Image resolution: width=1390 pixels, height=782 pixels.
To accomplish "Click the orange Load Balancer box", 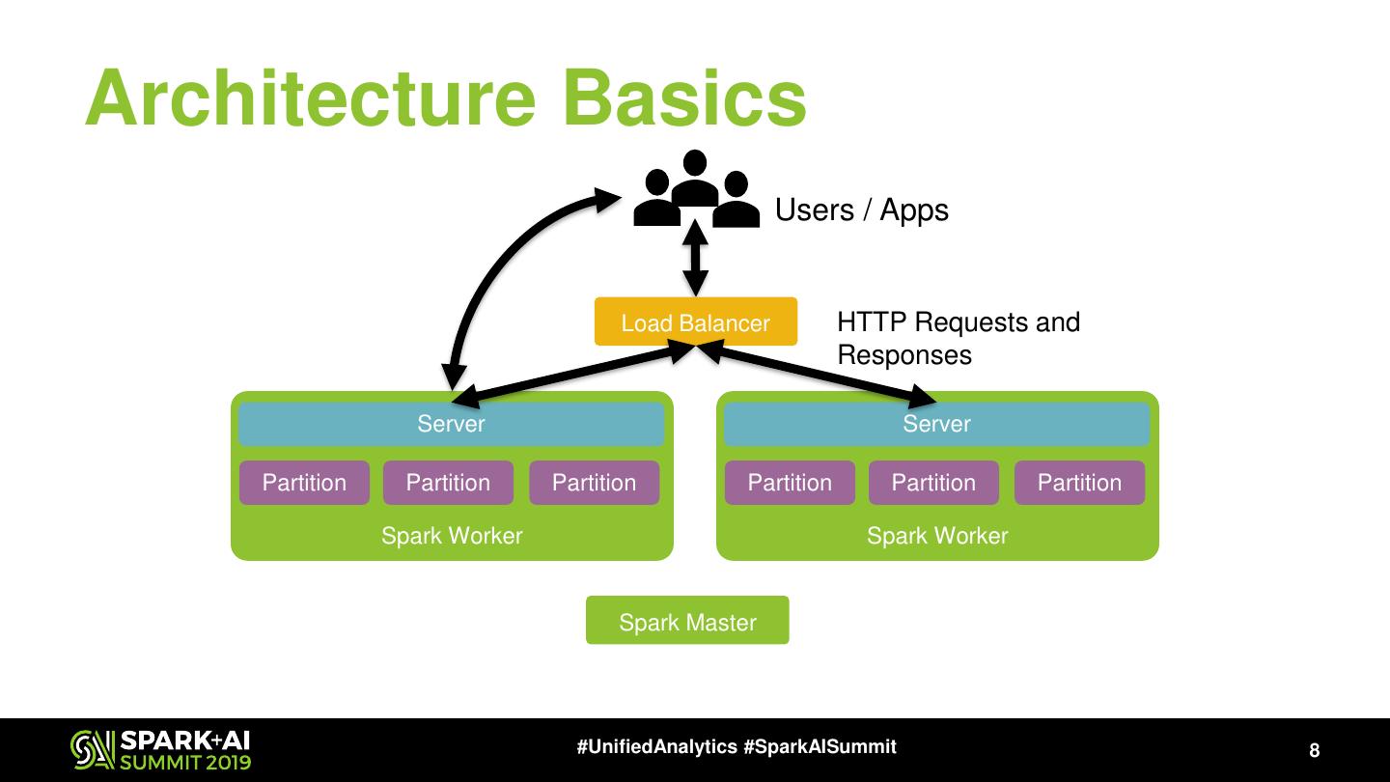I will click(x=695, y=321).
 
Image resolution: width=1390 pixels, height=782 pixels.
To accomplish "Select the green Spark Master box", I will click(x=687, y=621).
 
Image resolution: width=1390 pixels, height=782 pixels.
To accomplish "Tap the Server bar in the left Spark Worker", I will click(x=451, y=424).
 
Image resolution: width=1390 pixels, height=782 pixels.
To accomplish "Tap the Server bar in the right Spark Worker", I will click(x=936, y=424).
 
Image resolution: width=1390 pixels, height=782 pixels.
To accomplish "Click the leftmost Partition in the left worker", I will click(x=304, y=483).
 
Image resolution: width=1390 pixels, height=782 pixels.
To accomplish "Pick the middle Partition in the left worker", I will click(x=448, y=483).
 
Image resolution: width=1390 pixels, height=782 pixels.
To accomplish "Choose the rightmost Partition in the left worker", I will click(x=594, y=483).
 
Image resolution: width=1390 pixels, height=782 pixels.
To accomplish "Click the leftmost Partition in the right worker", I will click(x=790, y=483).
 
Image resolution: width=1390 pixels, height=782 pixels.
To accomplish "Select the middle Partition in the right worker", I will click(x=933, y=483).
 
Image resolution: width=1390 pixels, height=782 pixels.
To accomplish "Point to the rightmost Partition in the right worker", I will click(x=1079, y=483).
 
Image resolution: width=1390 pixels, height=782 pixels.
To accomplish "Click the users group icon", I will click(x=695, y=190).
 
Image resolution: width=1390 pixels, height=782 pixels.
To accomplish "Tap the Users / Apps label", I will click(x=862, y=210).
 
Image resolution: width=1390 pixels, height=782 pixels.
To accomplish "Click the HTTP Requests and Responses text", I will click(x=958, y=338).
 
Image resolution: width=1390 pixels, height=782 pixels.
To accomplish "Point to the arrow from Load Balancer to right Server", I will click(x=820, y=375).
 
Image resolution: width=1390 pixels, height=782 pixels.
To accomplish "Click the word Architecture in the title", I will click(x=309, y=98).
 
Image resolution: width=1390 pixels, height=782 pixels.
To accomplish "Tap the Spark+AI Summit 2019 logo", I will click(x=161, y=750).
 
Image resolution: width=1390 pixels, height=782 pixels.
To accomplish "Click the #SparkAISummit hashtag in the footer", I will click(x=820, y=747).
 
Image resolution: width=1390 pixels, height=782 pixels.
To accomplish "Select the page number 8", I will click(x=1314, y=751).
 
